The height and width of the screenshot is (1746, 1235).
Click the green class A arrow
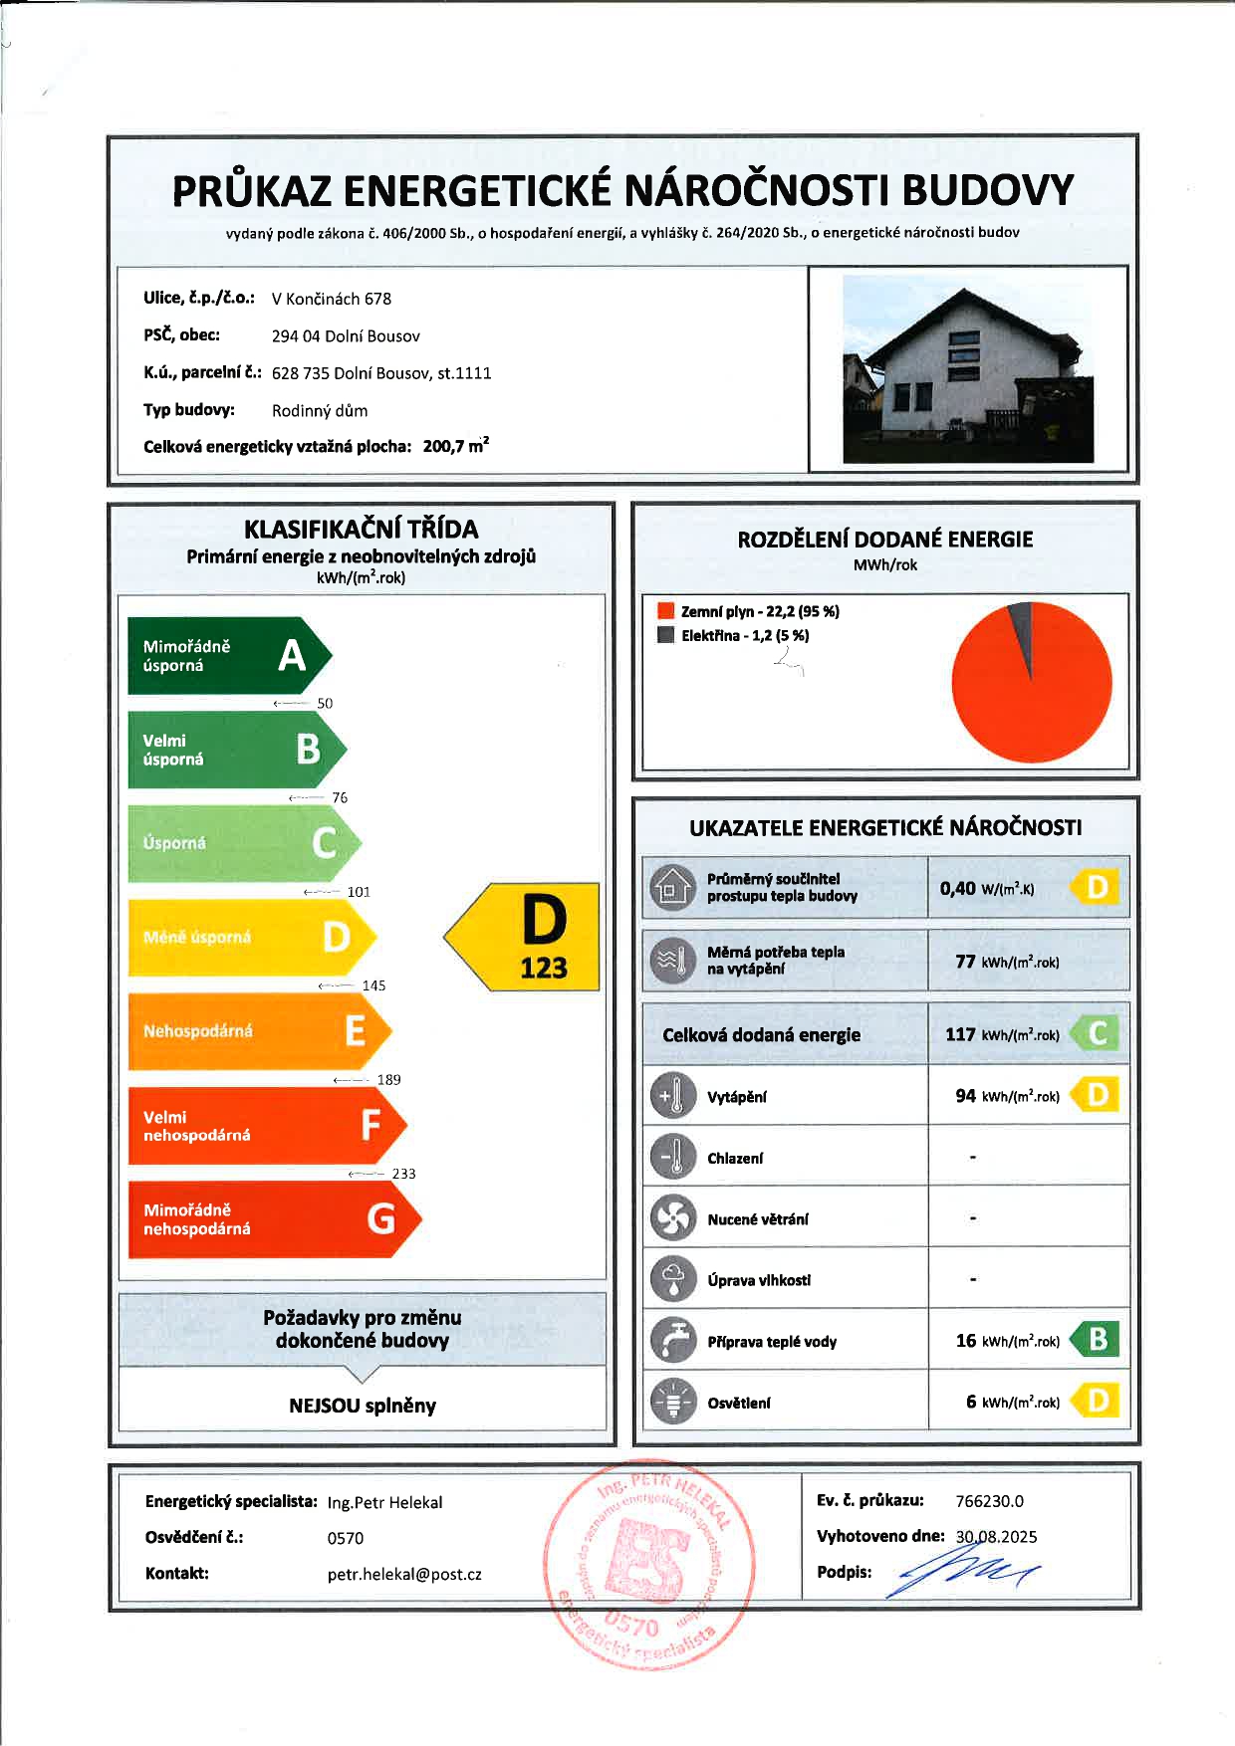[x=227, y=655]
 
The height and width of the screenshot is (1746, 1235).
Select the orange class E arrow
[x=257, y=1031]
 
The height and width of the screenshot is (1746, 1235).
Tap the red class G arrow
[x=272, y=1219]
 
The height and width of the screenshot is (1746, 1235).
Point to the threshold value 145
[x=373, y=985]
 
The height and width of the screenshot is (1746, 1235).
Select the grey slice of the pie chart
[x=1020, y=629]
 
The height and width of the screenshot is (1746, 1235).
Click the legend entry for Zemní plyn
[x=749, y=611]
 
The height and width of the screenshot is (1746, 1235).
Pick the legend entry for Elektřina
[x=734, y=635]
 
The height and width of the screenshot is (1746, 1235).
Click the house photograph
[x=967, y=368]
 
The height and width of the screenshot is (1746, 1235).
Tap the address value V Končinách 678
[x=332, y=299]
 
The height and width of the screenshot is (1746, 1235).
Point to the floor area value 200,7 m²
[x=455, y=446]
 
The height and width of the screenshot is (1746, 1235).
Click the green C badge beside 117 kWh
[x=1097, y=1033]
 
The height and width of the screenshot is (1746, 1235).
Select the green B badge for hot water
[x=1097, y=1340]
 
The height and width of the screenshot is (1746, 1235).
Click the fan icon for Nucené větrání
[x=672, y=1218]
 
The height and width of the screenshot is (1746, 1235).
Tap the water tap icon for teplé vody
[x=672, y=1340]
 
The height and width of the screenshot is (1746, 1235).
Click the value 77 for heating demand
[x=965, y=961]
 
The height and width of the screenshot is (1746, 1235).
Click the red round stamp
[x=647, y=1564]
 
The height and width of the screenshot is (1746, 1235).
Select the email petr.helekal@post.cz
[x=404, y=1575]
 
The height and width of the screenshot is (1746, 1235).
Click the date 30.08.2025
[x=996, y=1536]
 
